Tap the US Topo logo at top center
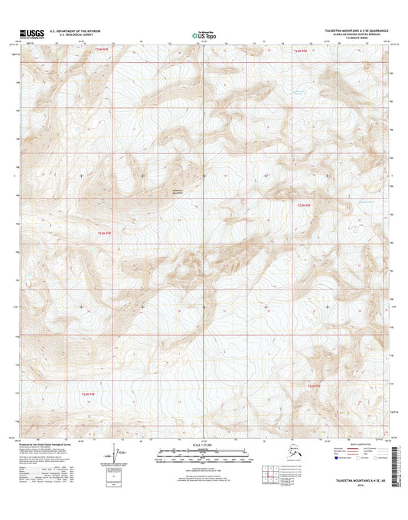click(x=202, y=34)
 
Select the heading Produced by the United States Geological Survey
click(x=54, y=443)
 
